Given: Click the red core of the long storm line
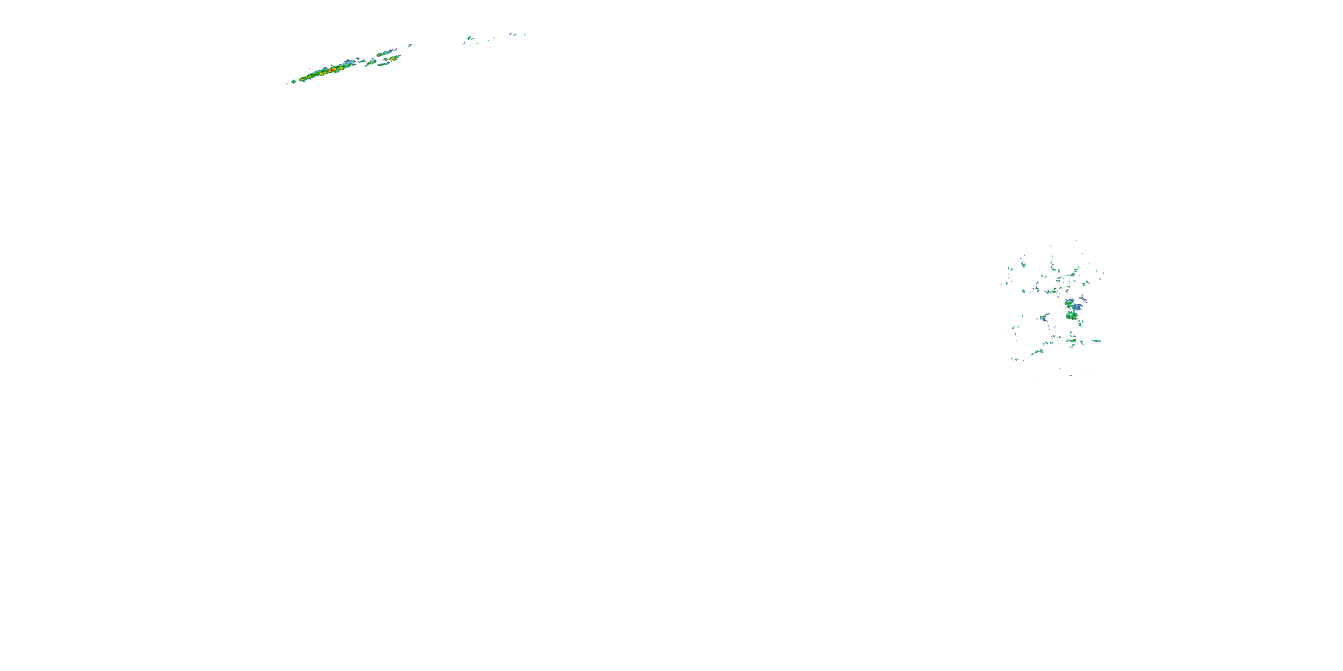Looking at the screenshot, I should (332, 70).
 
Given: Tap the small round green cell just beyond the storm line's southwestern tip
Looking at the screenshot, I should (294, 81).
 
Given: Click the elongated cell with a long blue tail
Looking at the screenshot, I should (386, 53).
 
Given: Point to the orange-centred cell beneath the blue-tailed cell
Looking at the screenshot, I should (391, 59).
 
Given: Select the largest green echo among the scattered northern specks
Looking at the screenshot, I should (469, 38).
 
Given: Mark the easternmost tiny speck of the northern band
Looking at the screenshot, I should (525, 35).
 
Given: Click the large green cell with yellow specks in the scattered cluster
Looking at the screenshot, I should (1072, 316).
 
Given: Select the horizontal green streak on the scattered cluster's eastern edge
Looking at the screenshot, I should (1096, 341).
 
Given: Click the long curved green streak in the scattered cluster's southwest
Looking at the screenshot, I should (1036, 352).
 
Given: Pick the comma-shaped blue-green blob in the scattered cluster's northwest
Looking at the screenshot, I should (1023, 264).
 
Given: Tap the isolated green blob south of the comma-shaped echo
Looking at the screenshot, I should (1023, 291).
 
